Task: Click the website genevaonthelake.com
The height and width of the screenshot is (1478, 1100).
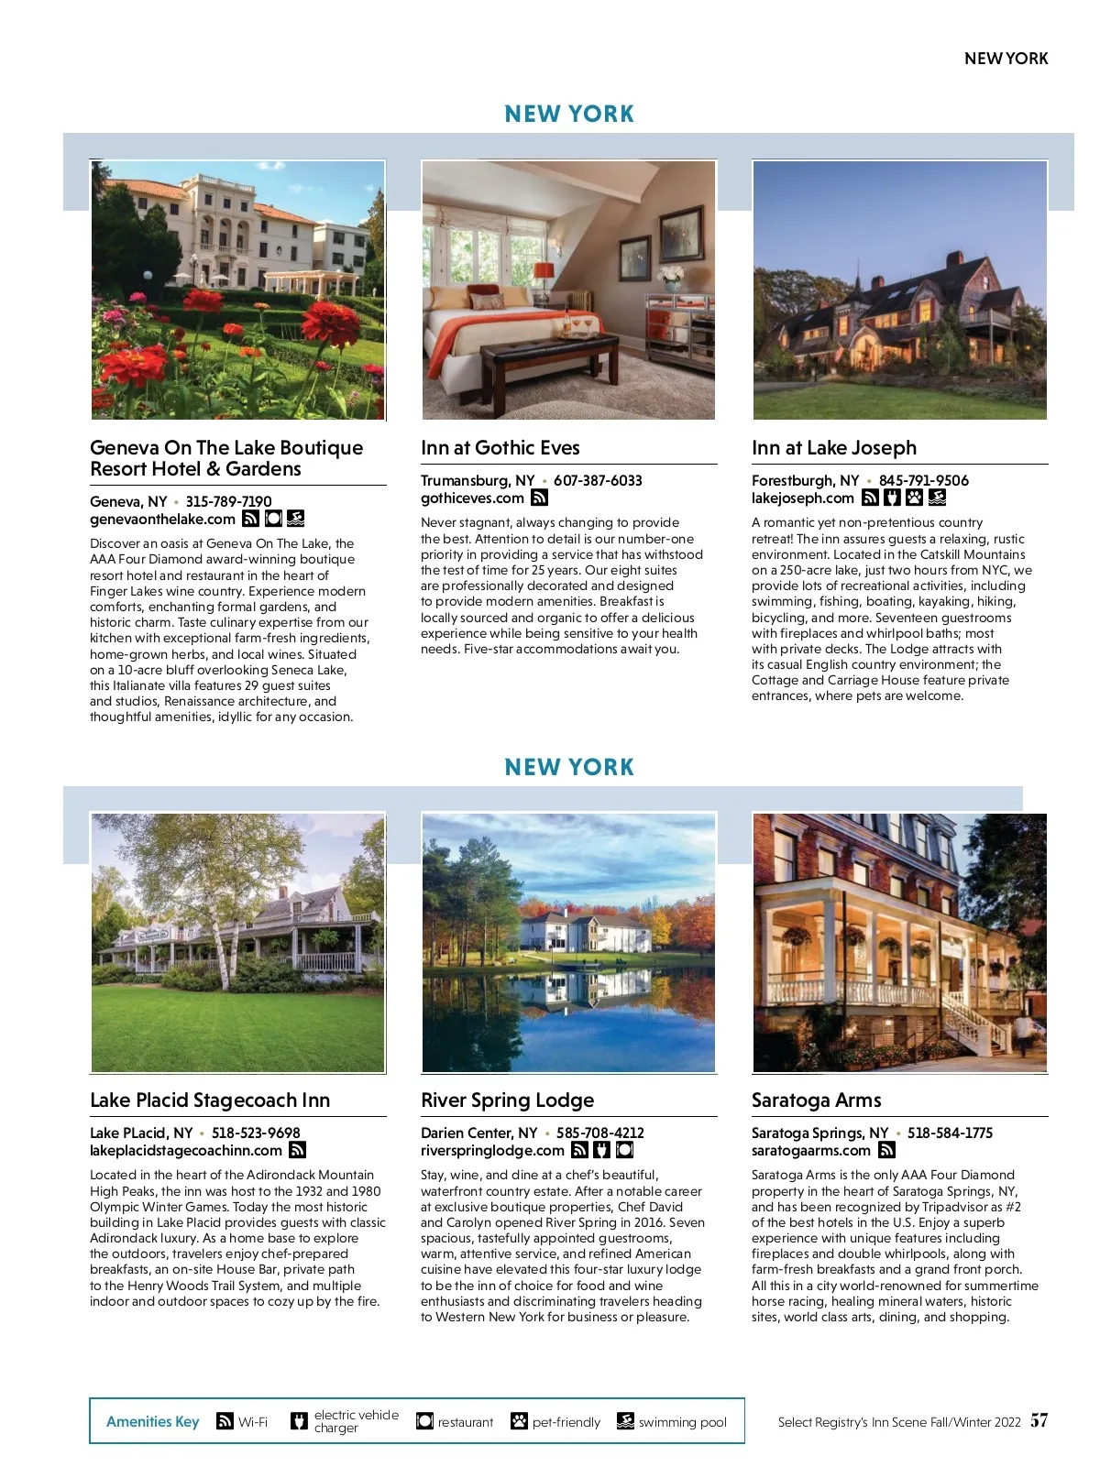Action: click(162, 520)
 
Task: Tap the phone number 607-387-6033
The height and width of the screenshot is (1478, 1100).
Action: click(598, 481)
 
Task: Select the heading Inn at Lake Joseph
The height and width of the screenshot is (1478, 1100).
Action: click(833, 448)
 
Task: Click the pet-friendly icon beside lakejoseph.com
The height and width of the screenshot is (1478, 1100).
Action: click(914, 498)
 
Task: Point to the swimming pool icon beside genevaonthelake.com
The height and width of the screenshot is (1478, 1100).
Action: click(295, 519)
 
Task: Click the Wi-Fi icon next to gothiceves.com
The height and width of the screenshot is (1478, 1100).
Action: click(540, 498)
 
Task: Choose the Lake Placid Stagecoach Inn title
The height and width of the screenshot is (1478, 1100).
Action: click(210, 1100)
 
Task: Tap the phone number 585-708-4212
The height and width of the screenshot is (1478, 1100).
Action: click(599, 1133)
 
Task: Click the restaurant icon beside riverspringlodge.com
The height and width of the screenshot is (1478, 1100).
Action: click(624, 1150)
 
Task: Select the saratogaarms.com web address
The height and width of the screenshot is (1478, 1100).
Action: click(810, 1151)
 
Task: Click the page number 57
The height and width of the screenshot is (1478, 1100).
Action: click(1039, 1420)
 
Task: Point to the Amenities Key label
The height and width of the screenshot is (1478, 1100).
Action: click(152, 1422)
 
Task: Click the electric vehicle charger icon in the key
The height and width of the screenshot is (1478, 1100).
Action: click(299, 1421)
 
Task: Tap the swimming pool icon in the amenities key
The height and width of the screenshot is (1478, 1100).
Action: click(625, 1421)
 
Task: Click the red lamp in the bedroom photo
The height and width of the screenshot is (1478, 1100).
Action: click(544, 272)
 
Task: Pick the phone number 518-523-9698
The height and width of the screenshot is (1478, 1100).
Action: click(256, 1133)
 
